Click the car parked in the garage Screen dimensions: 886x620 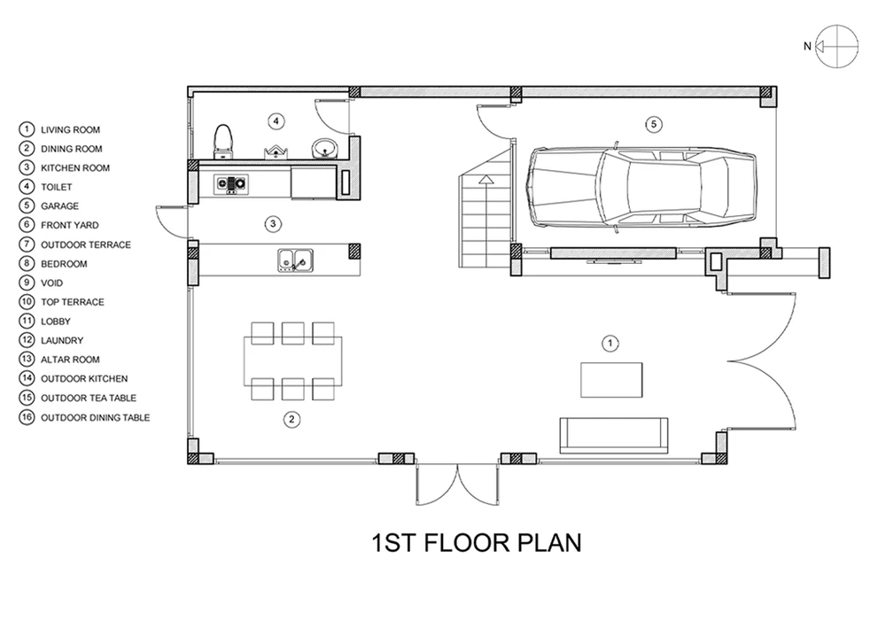(x=641, y=186)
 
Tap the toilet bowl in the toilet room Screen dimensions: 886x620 (x=223, y=141)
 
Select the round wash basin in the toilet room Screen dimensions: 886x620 (x=323, y=149)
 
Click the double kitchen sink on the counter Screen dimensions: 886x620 (x=296, y=260)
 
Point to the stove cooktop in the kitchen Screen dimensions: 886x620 (x=231, y=183)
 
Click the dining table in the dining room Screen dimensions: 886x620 (x=292, y=361)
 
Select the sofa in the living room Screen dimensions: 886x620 (x=614, y=436)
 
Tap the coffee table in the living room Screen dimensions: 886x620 (x=611, y=380)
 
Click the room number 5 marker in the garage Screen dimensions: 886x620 (x=654, y=124)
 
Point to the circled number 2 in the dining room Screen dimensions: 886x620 (x=291, y=419)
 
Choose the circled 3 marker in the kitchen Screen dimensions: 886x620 (x=273, y=224)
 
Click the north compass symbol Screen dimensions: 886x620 (x=831, y=46)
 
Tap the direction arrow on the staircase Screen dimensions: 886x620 (x=486, y=180)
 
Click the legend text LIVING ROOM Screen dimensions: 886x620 (x=71, y=130)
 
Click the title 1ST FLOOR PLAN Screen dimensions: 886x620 (x=477, y=543)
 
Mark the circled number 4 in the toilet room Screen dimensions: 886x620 (x=276, y=120)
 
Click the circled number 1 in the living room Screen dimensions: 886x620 (x=610, y=344)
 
